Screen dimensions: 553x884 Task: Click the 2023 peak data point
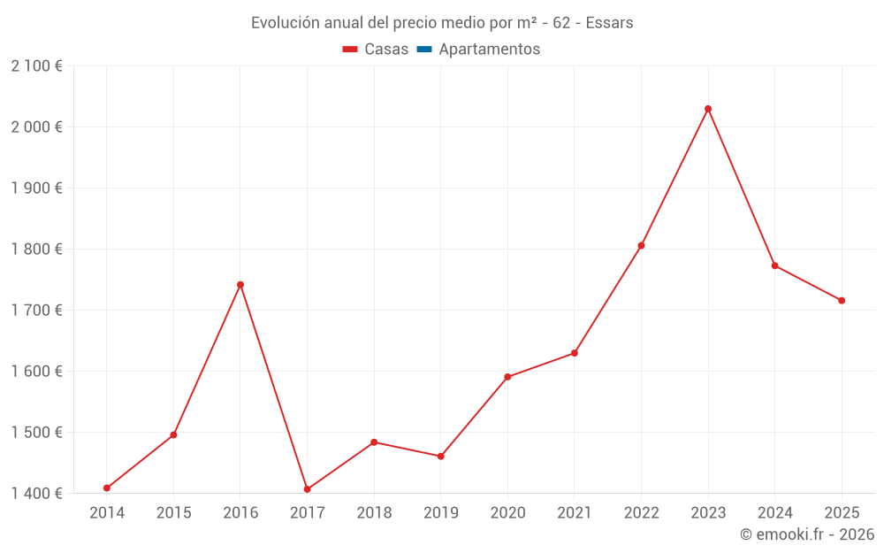708,109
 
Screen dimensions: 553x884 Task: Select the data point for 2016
240,285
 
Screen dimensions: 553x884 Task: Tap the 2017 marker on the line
307,489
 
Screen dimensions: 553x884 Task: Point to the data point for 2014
107,488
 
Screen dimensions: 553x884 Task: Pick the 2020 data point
507,377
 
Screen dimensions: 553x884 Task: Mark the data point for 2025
842,301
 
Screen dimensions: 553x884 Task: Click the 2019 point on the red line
441,457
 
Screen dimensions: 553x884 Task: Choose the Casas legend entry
386,50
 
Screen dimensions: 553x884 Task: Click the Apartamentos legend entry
489,50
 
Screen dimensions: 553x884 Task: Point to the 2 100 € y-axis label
36,66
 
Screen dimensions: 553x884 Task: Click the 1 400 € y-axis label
36,494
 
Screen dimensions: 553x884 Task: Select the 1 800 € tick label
36,250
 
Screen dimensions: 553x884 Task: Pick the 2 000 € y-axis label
36,127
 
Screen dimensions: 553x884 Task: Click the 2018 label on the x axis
374,513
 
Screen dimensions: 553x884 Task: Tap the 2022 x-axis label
641,513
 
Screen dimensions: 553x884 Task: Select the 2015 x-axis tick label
173,513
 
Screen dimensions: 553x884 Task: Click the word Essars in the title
609,23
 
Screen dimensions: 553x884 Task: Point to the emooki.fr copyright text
807,534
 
